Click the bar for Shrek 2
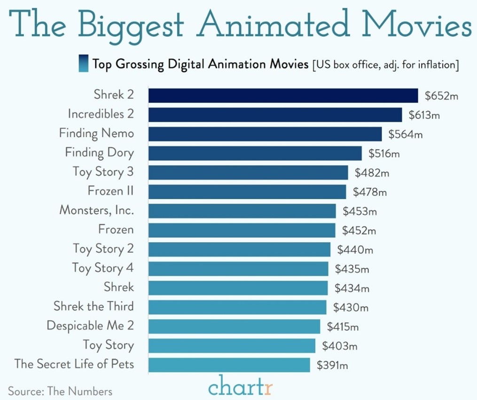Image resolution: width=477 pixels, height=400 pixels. pos(283,95)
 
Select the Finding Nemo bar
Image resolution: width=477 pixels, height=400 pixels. pos(265,134)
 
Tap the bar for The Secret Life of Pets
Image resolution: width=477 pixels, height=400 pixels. pos(229,365)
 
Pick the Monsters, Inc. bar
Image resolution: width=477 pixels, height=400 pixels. pos(242,211)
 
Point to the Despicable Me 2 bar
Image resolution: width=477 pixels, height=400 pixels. pos(234,326)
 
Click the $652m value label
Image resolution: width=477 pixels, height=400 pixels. pos(441,96)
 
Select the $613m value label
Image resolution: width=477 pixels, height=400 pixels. pos(424,115)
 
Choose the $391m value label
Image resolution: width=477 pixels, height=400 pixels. pos(332,365)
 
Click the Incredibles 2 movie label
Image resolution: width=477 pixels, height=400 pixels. pos(101,114)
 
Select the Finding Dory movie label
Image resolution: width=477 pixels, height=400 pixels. pos(99,153)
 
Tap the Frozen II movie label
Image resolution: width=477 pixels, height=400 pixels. pos(110,191)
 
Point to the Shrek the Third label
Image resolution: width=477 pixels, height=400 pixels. pos(94,306)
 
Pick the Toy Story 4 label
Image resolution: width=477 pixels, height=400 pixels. pos(103,268)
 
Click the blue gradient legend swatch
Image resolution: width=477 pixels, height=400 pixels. pos(83,63)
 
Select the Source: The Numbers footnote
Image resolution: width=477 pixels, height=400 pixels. pos(60,391)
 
